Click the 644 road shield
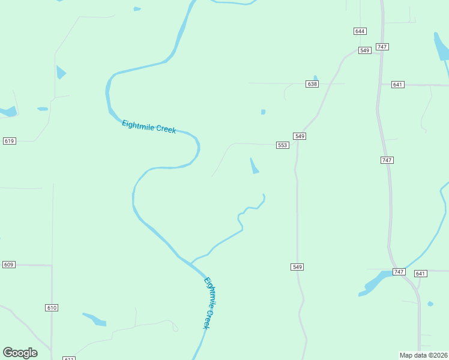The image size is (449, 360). tap(360, 31)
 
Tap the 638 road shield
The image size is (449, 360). tap(312, 84)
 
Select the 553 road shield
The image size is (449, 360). tap(283, 145)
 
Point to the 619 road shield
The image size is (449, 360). tap(9, 141)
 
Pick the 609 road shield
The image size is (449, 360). tap(8, 265)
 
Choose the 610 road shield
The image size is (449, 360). tap(52, 308)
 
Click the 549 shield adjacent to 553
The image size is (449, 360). tap(300, 137)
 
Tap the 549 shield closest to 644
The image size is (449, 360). tap(364, 50)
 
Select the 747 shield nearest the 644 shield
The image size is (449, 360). tap(382, 47)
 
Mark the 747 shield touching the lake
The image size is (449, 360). tap(399, 272)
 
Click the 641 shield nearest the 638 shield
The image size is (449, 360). tap(397, 85)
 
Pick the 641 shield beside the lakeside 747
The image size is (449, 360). tap(420, 274)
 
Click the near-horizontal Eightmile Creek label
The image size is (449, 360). tap(149, 127)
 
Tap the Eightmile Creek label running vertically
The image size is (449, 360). tap(208, 302)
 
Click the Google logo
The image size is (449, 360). tap(20, 353)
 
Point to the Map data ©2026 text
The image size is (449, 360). tap(424, 355)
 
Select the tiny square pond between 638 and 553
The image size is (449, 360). tap(263, 112)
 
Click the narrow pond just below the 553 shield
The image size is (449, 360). tap(254, 166)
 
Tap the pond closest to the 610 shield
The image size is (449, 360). tap(94, 319)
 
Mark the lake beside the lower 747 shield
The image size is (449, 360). tap(376, 281)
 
